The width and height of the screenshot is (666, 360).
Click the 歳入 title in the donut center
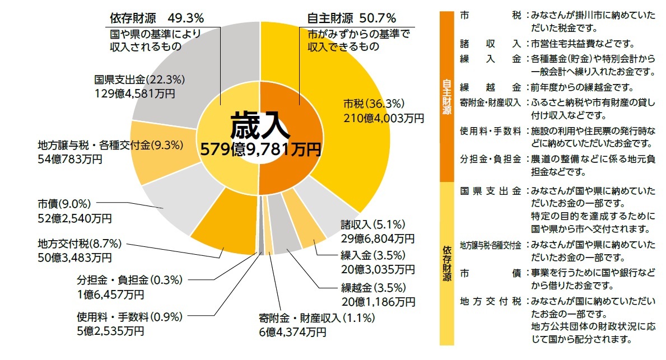(x=260, y=126)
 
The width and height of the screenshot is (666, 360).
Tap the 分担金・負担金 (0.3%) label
(x=129, y=279)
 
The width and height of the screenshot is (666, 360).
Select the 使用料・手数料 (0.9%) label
(x=129, y=317)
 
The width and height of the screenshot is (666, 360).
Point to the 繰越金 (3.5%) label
(x=372, y=289)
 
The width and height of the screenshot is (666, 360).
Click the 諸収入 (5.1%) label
(x=372, y=225)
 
